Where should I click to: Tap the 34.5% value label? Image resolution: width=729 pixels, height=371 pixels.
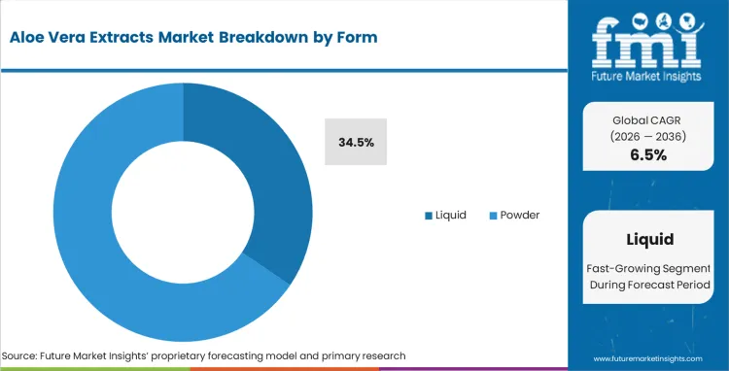356,142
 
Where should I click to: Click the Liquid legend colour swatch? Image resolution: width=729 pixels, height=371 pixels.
429,215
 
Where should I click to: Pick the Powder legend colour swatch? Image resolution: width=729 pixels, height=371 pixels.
492,215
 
